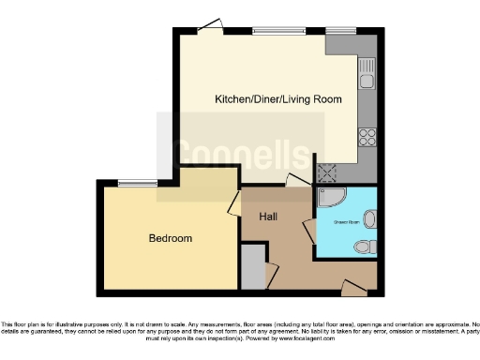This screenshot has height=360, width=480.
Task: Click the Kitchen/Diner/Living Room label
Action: click(x=277, y=98)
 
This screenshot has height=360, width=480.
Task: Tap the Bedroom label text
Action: click(x=171, y=239)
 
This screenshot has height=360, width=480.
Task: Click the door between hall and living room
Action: click(x=298, y=181)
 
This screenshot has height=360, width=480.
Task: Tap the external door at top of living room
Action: click(x=210, y=26)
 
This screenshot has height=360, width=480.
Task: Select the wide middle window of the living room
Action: click(x=279, y=31)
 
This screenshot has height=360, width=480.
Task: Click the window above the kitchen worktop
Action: click(x=337, y=31)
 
